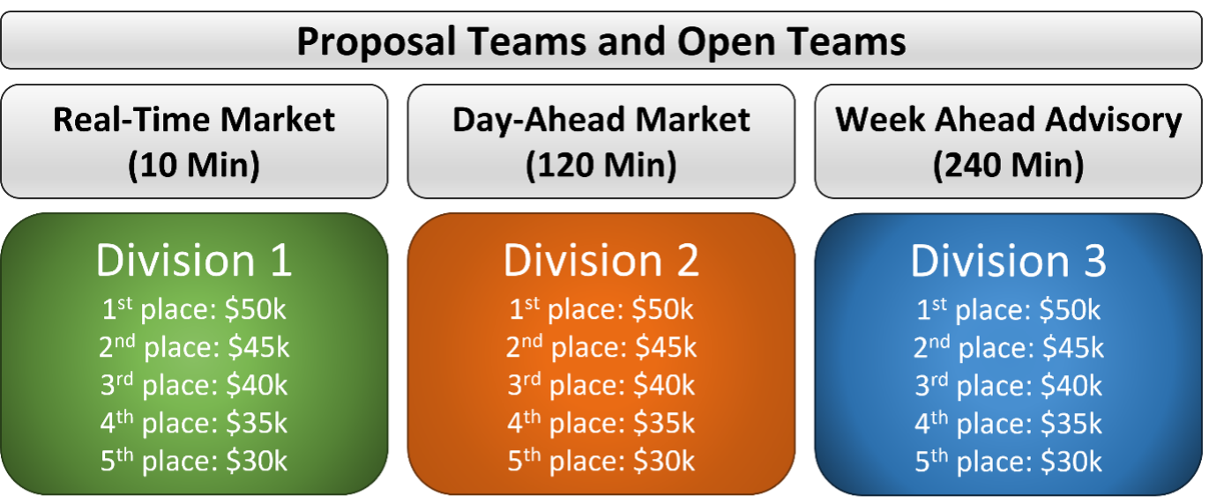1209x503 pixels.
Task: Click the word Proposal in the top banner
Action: pos(377,43)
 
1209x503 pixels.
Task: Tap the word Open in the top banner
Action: pos(726,43)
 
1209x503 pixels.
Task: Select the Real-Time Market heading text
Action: pos(194,119)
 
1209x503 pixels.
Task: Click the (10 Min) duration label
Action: pos(194,165)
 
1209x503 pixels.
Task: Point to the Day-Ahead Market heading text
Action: pos(601,120)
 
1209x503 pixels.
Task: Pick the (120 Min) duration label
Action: pos(601,165)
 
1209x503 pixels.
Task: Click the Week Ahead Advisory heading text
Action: pos(1009,120)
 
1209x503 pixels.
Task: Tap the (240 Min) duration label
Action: pos(1009,165)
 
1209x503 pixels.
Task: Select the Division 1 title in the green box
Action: pos(194,261)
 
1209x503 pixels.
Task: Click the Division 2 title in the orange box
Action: pos(601,261)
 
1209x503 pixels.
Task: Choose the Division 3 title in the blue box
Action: pos(1009,261)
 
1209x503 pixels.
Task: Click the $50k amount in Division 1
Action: pos(255,309)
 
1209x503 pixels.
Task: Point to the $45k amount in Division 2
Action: pos(666,347)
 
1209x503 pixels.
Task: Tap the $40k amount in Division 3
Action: pos(1071,386)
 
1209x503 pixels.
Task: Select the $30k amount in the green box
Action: pos(257,461)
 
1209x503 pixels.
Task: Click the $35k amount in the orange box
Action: pos(664,423)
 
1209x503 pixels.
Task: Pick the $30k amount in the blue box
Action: pos(1071,462)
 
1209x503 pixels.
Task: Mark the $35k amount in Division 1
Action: pos(257,423)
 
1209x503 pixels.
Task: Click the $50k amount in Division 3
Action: pos(1070,310)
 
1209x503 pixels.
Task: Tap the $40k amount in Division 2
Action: pos(664,385)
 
